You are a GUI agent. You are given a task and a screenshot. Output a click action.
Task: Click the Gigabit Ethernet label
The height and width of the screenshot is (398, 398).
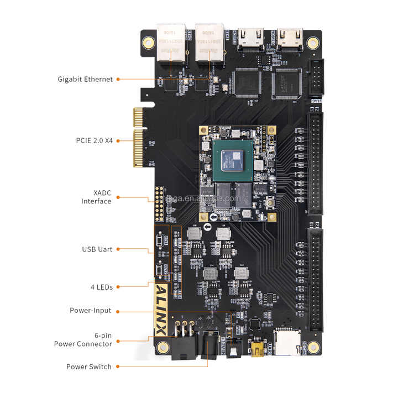point(85,79)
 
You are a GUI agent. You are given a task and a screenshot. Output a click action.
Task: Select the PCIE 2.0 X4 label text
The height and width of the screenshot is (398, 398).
point(94,140)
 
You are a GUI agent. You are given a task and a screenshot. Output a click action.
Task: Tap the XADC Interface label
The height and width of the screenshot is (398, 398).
point(96,197)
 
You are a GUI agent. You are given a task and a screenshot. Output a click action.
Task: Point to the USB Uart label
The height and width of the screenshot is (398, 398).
point(97,249)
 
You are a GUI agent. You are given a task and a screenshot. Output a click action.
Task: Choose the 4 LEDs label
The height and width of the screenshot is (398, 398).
point(101,287)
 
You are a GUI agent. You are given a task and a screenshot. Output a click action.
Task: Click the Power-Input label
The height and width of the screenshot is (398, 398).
point(90,310)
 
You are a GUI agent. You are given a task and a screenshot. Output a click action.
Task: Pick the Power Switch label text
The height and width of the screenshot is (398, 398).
point(88,366)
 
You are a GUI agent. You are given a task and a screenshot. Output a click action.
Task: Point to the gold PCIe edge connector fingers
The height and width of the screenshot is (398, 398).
point(138,138)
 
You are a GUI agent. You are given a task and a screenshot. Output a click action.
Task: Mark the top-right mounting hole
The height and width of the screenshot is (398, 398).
point(312,42)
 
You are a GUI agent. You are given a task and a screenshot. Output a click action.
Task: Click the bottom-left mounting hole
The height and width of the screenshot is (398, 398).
point(163,348)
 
